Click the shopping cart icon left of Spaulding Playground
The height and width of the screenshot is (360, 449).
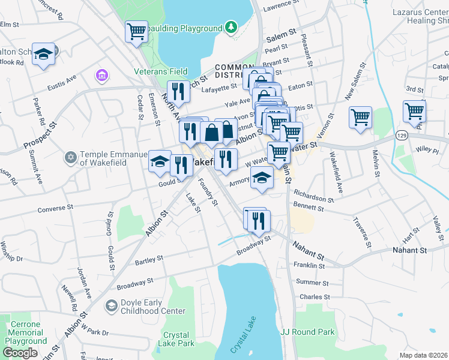click(137, 31)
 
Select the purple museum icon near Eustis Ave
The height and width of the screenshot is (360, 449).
click(101, 76)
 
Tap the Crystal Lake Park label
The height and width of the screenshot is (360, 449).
click(176, 340)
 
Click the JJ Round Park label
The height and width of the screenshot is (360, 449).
click(307, 331)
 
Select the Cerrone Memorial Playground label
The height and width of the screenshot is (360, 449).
click(25, 332)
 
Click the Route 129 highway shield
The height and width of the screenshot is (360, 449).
click(402, 137)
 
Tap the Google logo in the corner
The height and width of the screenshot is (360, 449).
click(20, 352)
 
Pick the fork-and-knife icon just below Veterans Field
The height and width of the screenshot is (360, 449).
click(178, 91)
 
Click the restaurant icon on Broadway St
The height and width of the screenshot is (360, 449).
click(259, 220)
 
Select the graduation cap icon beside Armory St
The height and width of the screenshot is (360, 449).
click(262, 178)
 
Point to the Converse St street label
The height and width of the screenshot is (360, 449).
click(55, 209)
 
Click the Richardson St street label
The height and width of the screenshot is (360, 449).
click(313, 199)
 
